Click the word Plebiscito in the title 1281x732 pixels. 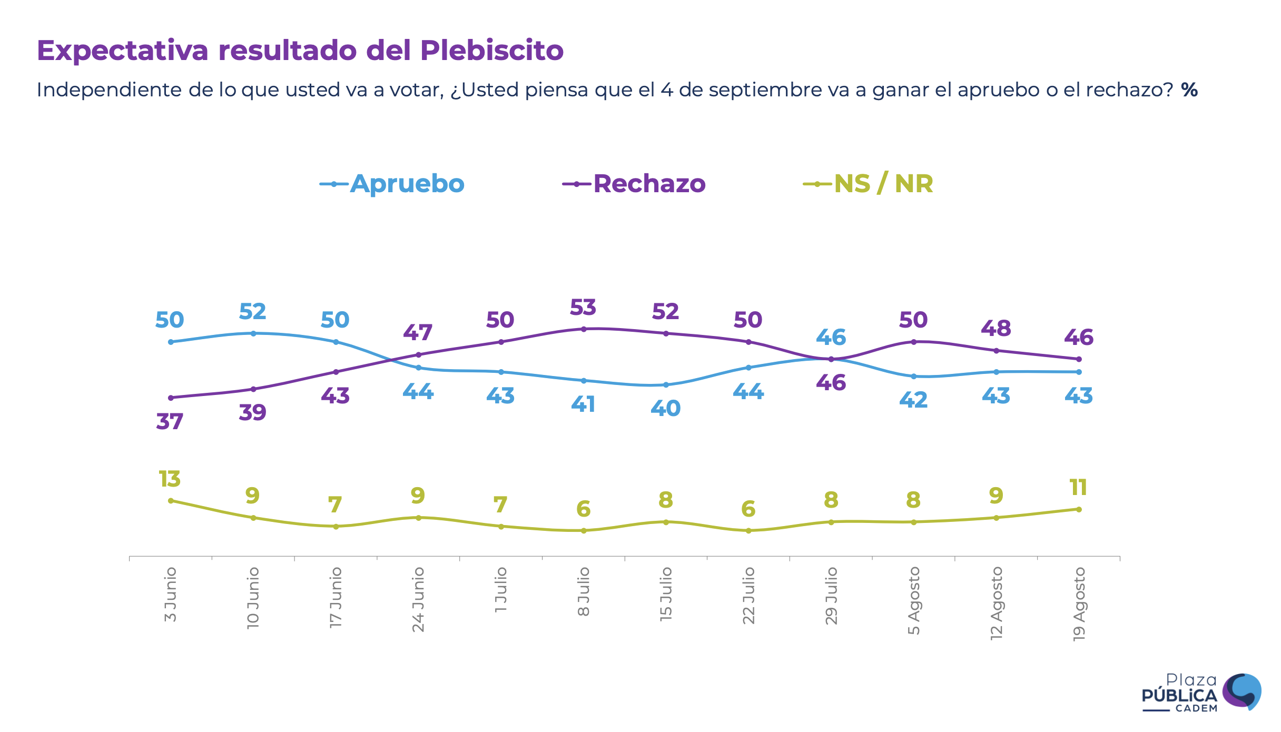click(491, 51)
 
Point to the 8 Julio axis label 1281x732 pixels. click(584, 591)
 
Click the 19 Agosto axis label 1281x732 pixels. click(1079, 604)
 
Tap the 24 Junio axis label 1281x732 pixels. click(418, 599)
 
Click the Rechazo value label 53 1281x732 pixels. click(583, 308)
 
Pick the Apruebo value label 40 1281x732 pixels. click(665, 408)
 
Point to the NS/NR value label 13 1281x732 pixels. click(170, 479)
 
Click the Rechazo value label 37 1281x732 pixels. click(170, 421)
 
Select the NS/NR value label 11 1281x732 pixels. click(1078, 488)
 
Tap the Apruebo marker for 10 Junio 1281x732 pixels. click(253, 333)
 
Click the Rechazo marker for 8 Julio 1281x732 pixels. click(584, 329)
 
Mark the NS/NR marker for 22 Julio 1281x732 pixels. click(748, 531)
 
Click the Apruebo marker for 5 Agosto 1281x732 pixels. click(914, 377)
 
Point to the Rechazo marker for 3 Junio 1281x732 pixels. click(171, 398)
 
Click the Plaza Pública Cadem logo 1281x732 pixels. click(1201, 693)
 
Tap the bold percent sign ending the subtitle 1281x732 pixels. click(1189, 90)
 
